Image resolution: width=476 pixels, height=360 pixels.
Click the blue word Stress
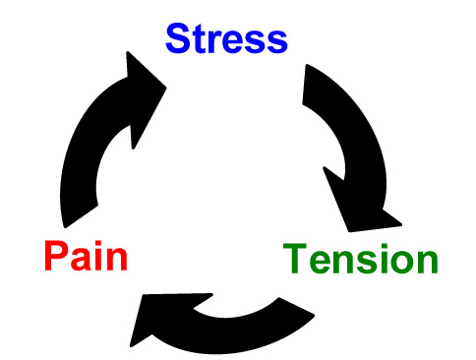point(226,38)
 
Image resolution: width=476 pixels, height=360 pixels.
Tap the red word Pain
point(86,258)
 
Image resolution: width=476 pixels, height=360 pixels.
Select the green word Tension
point(360,260)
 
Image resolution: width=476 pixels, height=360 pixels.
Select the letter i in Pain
point(102,257)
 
